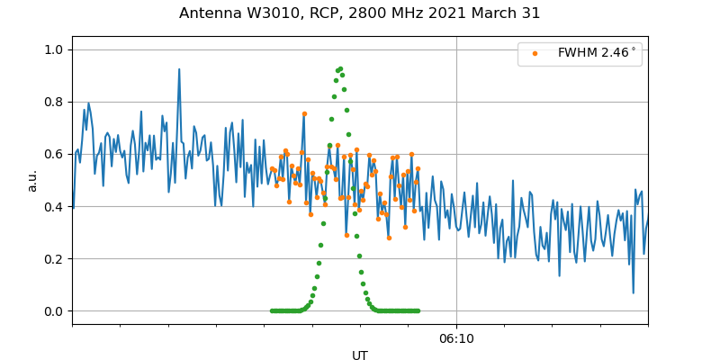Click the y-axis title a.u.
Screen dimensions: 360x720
pyautogui.click(x=32, y=180)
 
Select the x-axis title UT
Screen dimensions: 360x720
pyautogui.click(x=360, y=355)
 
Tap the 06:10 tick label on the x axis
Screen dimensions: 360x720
pyautogui.click(x=456, y=339)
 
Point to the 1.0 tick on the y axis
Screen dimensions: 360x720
pyautogui.click(x=55, y=49)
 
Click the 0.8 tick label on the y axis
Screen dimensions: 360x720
pyautogui.click(x=55, y=102)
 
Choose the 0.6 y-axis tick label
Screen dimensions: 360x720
pyautogui.click(x=55, y=154)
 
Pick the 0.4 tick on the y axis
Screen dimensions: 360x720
pyautogui.click(x=55, y=206)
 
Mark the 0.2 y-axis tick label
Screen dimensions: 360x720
pyautogui.click(x=55, y=259)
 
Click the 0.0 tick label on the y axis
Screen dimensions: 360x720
pyautogui.click(x=55, y=311)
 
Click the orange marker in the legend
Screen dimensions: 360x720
pyautogui.click(x=535, y=53)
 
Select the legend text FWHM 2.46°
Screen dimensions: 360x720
pyautogui.click(x=597, y=53)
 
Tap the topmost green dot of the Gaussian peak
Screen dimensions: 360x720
pyautogui.click(x=339, y=68)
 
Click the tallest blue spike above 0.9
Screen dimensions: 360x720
pyautogui.click(x=179, y=69)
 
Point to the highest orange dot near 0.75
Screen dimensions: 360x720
pyautogui.click(x=304, y=114)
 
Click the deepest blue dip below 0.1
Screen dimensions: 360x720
pyautogui.click(x=633, y=292)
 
